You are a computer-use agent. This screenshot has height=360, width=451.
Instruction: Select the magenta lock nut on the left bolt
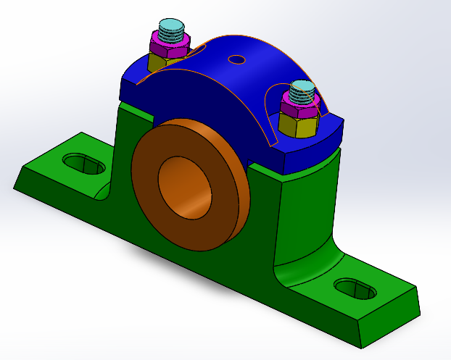[x=168, y=45]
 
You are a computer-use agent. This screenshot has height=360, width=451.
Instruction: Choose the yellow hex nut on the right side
[x=297, y=127]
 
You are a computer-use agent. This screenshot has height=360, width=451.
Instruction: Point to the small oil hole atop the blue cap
[x=236, y=59]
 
